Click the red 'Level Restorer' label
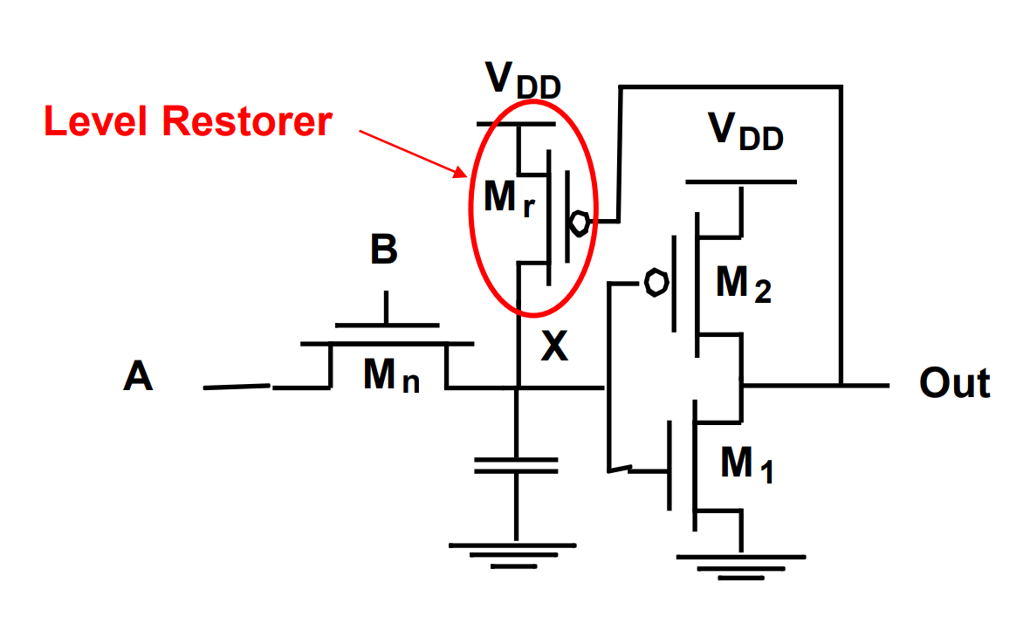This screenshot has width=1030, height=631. (x=188, y=121)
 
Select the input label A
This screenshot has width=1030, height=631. (x=138, y=378)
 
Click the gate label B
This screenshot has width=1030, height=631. (x=384, y=250)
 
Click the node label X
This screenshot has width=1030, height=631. (x=553, y=348)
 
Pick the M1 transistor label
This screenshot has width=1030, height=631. (x=747, y=464)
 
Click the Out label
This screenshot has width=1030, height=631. (x=954, y=383)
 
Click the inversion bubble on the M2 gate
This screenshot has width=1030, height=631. (x=656, y=283)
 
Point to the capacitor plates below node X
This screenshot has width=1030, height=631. (x=516, y=464)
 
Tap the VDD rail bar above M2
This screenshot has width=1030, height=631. (x=741, y=182)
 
